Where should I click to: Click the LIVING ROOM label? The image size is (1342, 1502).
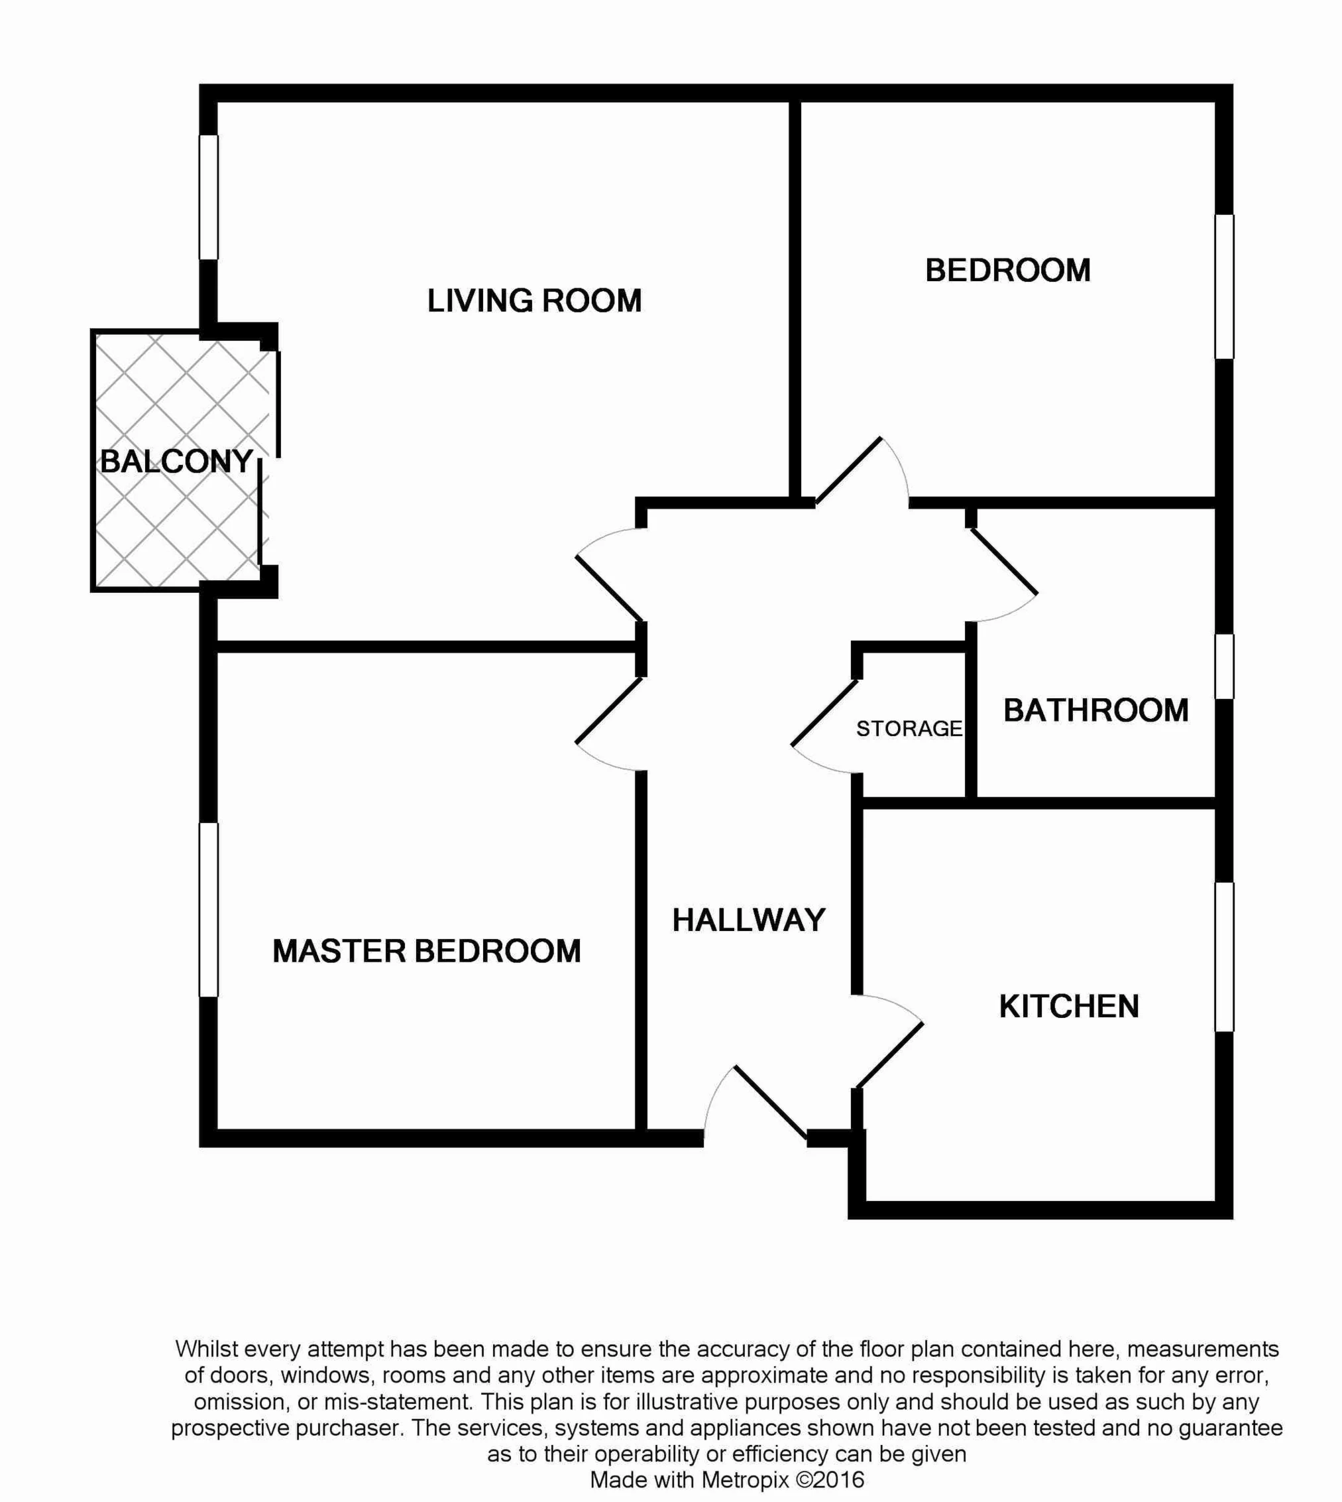pyautogui.click(x=535, y=301)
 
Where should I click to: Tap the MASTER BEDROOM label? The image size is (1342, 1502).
pyautogui.click(x=427, y=951)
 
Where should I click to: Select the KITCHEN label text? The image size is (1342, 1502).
pyautogui.click(x=1069, y=1006)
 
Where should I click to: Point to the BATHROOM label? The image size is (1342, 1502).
pyautogui.click(x=1095, y=710)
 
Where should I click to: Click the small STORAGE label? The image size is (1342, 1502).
pyautogui.click(x=909, y=729)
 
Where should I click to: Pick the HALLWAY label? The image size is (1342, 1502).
pyautogui.click(x=748, y=920)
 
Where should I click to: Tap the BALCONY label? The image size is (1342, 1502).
pyautogui.click(x=177, y=461)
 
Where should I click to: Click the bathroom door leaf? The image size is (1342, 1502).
pyautogui.click(x=1003, y=560)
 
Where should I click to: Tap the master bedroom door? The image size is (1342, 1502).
pyautogui.click(x=610, y=710)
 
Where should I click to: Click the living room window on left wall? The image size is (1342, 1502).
pyautogui.click(x=209, y=197)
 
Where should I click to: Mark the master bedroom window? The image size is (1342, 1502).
pyautogui.click(x=209, y=910)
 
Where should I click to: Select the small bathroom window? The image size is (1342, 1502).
pyautogui.click(x=1224, y=666)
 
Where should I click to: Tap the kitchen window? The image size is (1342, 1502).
pyautogui.click(x=1224, y=957)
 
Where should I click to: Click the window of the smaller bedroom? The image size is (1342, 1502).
pyautogui.click(x=1224, y=286)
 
